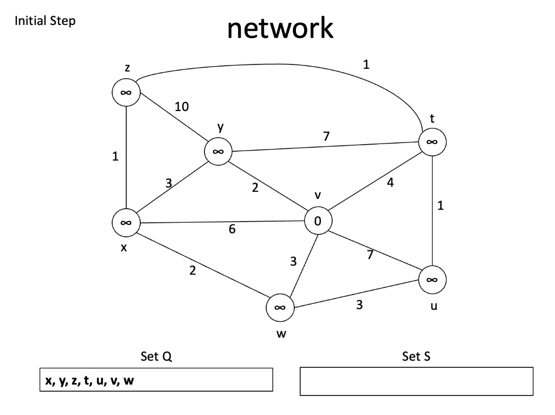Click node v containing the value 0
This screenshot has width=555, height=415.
(318, 221)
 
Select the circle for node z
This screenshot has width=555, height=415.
(126, 93)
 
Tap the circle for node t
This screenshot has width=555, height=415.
(432, 142)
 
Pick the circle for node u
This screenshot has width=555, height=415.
(432, 280)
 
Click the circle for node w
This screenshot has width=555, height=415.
(280, 307)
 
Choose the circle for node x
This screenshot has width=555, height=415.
(126, 222)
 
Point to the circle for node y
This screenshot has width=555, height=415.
(218, 152)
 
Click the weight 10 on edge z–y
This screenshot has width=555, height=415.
(182, 107)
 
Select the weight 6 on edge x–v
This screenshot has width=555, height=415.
(232, 229)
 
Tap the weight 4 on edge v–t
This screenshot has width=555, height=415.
(390, 183)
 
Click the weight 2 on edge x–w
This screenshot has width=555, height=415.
(192, 271)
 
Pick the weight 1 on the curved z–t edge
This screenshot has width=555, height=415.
(366, 64)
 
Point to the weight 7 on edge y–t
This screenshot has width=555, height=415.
(326, 137)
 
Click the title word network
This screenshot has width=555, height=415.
(280, 29)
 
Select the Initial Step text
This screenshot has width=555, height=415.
(45, 22)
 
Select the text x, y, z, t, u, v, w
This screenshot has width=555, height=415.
(90, 380)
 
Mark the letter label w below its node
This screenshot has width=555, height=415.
(280, 334)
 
